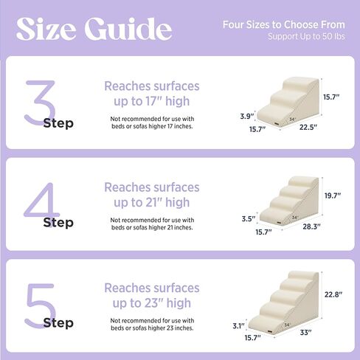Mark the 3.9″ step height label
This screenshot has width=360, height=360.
coord(247,116)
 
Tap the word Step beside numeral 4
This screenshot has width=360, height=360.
coord(59,222)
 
